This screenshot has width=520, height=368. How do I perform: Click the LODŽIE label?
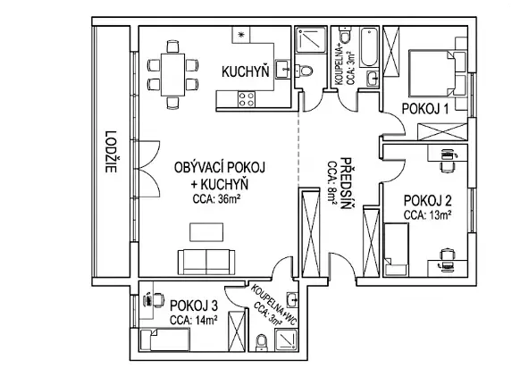point(111,152)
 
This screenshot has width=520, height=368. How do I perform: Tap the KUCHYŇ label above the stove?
point(246,72)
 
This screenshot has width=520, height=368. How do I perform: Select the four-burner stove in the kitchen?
point(247,99)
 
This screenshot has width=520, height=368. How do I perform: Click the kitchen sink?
point(283,70)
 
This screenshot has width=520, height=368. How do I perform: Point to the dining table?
point(172,75)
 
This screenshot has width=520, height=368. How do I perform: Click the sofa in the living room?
point(206,262)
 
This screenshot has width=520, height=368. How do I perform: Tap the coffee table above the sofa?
point(206,232)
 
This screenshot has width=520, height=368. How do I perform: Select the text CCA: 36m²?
point(216,199)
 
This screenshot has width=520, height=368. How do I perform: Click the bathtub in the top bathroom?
point(369,47)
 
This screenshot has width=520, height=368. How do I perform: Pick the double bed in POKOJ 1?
point(432,72)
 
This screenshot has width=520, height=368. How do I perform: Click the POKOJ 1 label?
point(425,109)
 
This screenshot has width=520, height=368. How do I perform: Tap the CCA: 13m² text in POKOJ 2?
point(427,215)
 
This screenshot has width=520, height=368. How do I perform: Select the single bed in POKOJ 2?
point(396,249)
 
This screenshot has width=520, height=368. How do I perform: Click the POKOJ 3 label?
point(194,305)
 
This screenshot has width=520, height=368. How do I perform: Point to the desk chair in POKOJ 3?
point(158,300)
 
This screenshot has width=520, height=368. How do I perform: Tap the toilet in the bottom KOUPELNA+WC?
point(262,342)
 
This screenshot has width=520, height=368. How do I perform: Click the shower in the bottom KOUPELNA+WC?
point(286,340)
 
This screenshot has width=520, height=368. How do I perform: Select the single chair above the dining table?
point(172,46)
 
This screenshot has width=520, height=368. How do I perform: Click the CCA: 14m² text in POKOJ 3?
point(194,321)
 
